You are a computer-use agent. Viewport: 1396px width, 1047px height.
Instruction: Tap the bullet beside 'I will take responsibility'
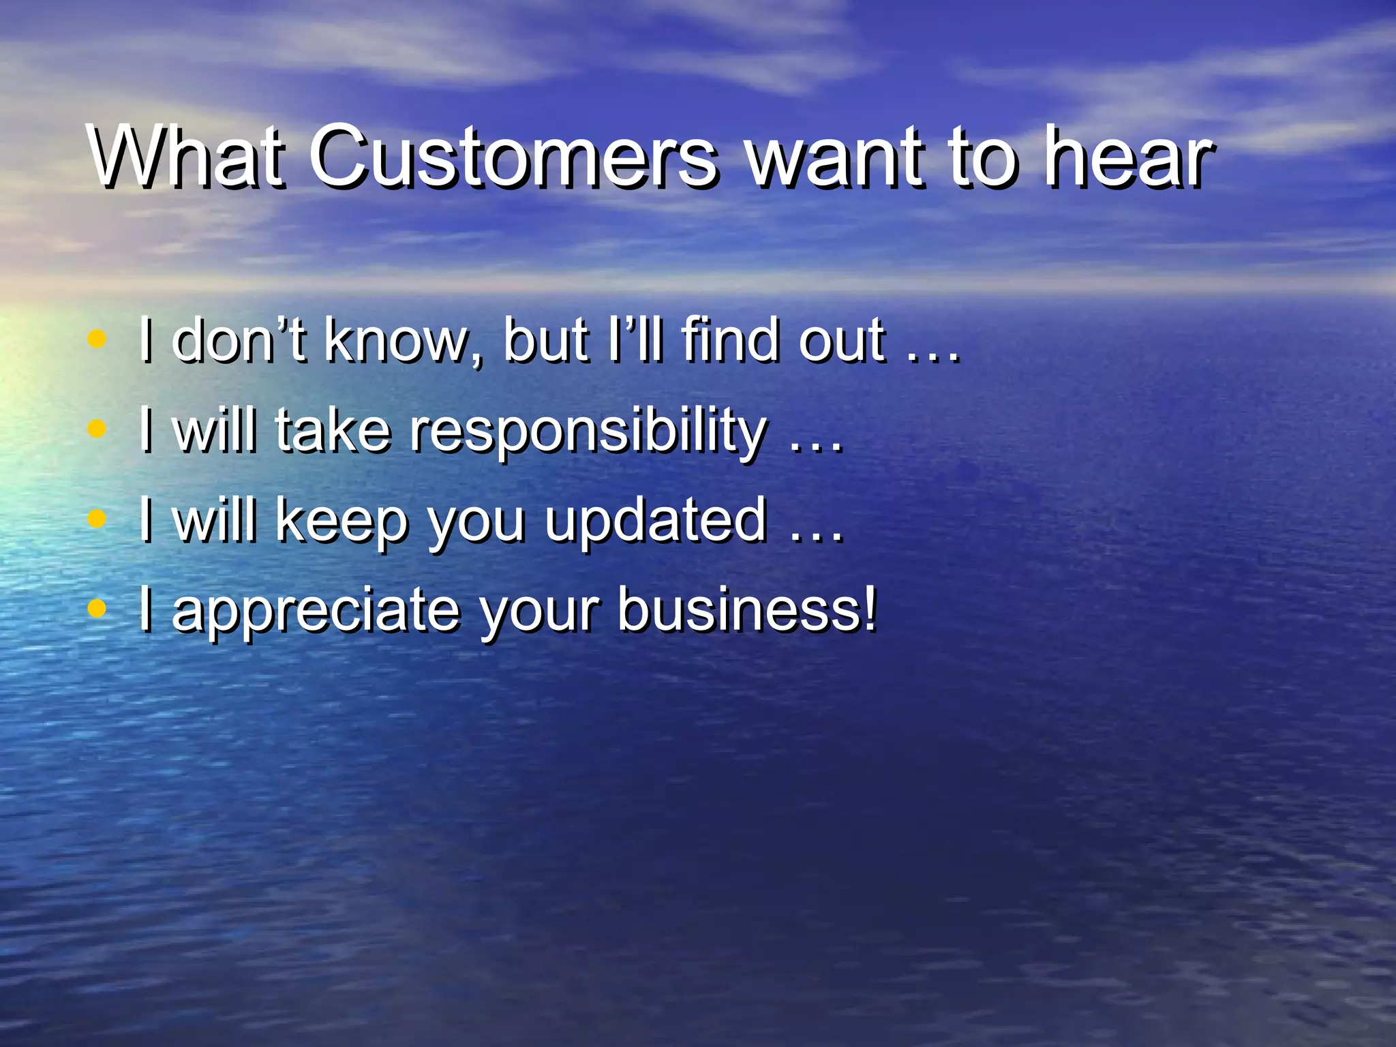click(98, 429)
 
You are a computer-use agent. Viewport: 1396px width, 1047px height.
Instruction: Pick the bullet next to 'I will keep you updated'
click(98, 519)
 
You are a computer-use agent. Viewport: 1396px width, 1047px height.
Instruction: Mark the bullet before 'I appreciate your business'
click(98, 609)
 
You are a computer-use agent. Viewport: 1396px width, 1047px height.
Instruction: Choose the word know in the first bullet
click(402, 340)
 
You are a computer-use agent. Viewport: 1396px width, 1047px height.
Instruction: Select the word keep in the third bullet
click(342, 521)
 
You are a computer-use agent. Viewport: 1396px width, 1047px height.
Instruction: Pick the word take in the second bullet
click(333, 431)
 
